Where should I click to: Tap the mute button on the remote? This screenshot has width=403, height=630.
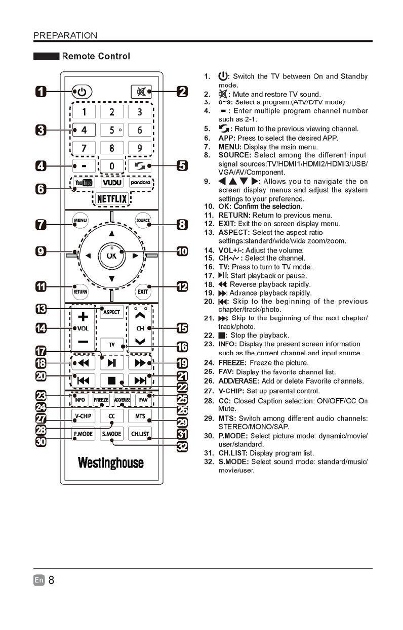[x=140, y=92]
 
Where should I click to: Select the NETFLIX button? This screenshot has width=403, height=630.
[x=112, y=198]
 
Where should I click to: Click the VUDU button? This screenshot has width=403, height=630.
[x=112, y=182]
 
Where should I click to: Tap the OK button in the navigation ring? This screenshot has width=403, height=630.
[x=111, y=255]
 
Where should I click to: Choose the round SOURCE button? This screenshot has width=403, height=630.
[x=143, y=221]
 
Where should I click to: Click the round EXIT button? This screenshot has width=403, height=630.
[x=143, y=291]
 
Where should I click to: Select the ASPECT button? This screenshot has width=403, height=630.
[x=111, y=312]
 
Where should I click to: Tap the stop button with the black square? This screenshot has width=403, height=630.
[x=112, y=380]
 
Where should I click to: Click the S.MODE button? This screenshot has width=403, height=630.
[x=112, y=434]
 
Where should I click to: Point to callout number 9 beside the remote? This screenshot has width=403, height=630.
[x=42, y=251]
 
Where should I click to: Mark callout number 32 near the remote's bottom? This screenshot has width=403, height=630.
[x=181, y=446]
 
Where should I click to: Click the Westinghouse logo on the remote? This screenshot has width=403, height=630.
[x=111, y=463]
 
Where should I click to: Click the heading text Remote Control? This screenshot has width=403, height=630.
[x=96, y=56]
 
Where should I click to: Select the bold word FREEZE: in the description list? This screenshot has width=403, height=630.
[x=232, y=363]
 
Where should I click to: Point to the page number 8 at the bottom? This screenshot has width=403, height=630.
[x=51, y=580]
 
